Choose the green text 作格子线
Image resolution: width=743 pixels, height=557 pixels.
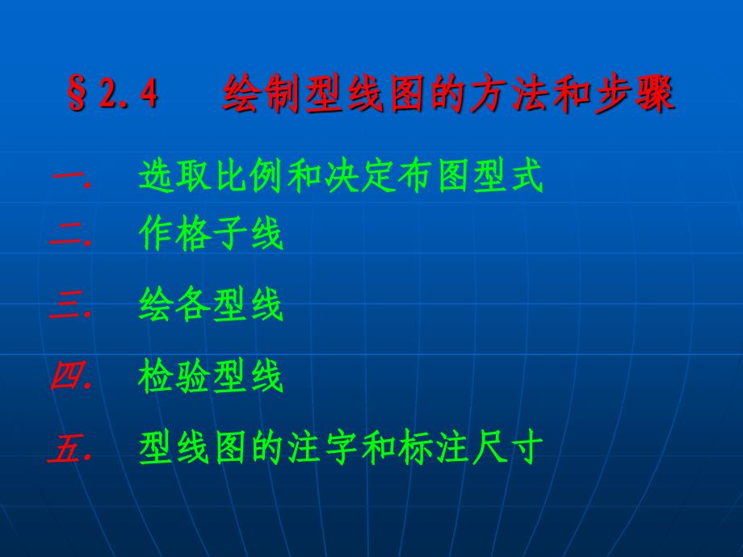212,237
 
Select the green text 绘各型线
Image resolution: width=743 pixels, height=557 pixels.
212,307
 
